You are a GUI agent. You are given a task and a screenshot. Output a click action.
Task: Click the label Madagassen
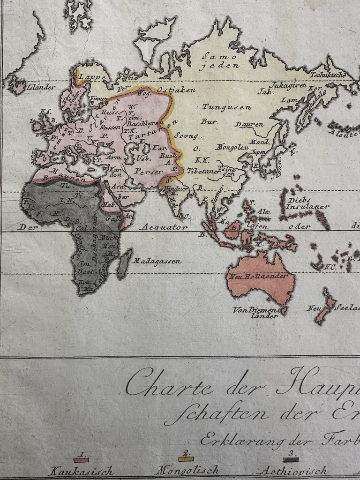click(x=157, y=262)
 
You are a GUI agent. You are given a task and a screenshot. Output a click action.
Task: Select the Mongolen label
click(x=232, y=147)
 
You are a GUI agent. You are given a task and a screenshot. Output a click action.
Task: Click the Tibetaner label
click(x=203, y=172)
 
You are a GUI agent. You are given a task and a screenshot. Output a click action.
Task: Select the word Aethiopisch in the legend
click(x=293, y=471)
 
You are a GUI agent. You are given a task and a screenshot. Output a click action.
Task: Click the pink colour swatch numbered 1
click(x=81, y=460)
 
